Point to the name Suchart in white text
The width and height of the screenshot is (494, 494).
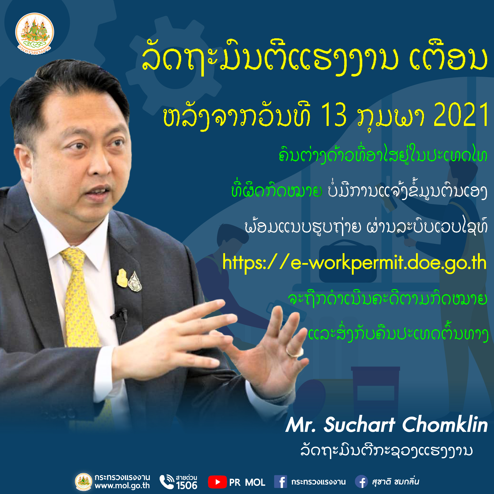(x=359, y=425)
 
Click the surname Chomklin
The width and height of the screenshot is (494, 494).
(x=445, y=425)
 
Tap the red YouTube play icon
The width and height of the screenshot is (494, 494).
(x=217, y=482)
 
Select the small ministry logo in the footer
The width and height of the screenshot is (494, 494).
(x=84, y=482)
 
